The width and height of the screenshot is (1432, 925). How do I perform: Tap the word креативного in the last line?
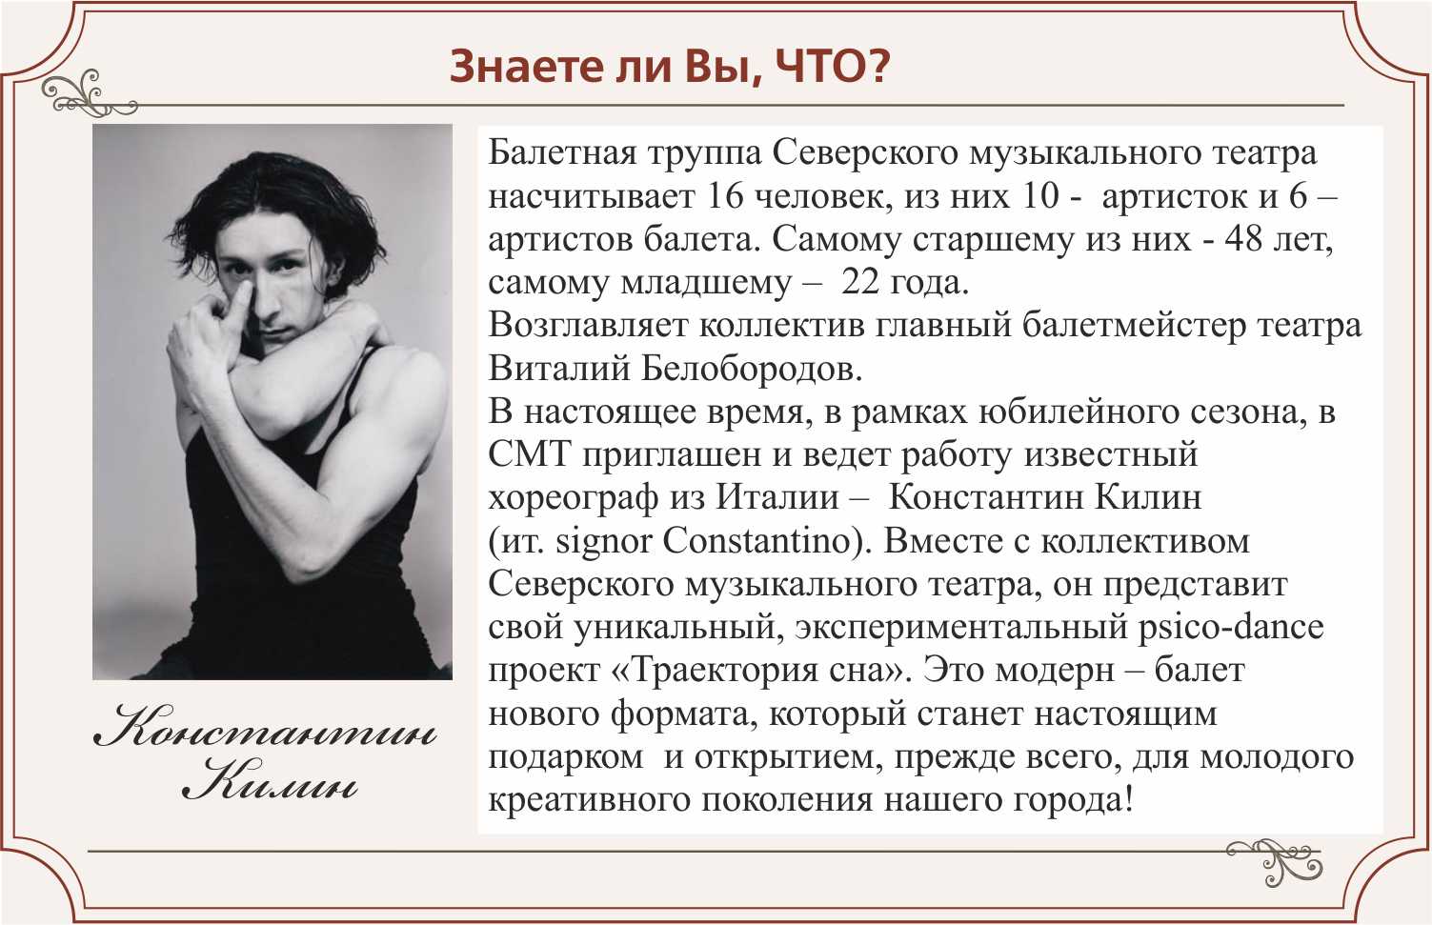point(590,799)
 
